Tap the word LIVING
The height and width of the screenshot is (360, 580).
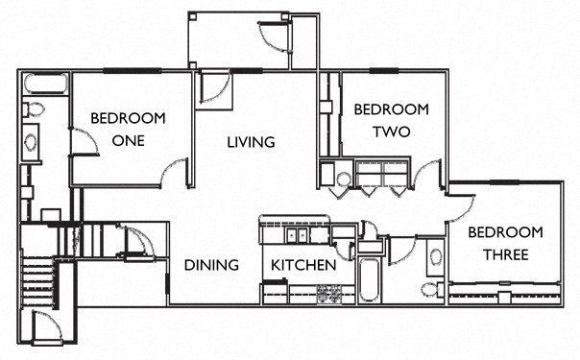coord(251,142)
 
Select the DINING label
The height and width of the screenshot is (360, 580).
coord(211,265)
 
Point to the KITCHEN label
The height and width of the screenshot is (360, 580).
coord(302,265)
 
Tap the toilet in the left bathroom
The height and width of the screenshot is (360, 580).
coord(31,108)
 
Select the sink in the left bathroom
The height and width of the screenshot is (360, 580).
coord(30,143)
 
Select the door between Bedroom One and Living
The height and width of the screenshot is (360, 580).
coord(175,172)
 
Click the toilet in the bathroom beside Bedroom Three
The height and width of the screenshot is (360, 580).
coord(430,289)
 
